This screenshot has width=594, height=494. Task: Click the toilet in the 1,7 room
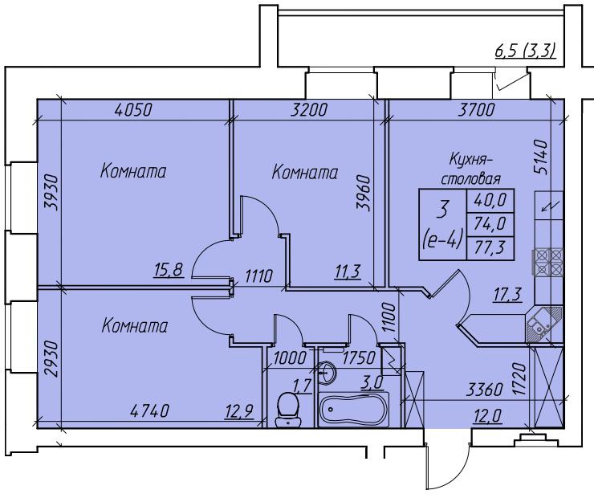[x=290, y=410]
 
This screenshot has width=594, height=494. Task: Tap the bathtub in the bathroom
[x=353, y=410]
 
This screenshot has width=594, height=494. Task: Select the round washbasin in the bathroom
[x=326, y=373]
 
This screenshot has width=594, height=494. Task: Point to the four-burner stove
[x=548, y=262]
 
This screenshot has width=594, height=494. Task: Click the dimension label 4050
[x=133, y=109]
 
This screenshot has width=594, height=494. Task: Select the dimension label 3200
[x=309, y=109]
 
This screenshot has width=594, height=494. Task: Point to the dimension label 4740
[x=149, y=410]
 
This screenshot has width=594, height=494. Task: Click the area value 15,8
[x=169, y=271]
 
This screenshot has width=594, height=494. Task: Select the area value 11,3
[x=348, y=271]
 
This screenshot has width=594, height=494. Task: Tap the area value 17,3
[x=508, y=294]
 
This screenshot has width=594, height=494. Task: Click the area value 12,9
[x=238, y=410]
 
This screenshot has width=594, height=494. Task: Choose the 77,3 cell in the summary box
[x=490, y=248]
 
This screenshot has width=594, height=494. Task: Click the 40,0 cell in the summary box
[x=490, y=200]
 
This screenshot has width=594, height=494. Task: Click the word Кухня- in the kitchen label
[x=471, y=160]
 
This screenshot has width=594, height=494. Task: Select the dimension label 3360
[x=484, y=390]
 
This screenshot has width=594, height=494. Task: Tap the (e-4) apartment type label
[x=442, y=240]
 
